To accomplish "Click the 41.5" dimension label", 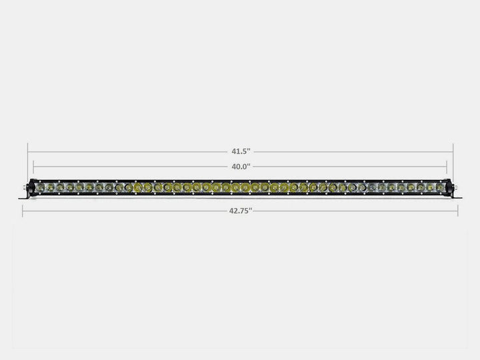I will point(239,152).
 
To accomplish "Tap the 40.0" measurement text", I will point(239,167).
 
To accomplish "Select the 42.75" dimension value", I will point(239,211).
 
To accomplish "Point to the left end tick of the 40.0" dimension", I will point(33,167).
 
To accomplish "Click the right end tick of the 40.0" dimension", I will point(447,167).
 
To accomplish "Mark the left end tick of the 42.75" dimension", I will point(23,211).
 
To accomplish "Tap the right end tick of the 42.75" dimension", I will point(457,211).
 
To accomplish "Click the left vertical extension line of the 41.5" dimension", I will point(28,160).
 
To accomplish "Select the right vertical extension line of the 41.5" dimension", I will point(453,160).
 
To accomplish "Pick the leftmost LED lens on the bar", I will point(41,188).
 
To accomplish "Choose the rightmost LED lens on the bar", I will point(439,188).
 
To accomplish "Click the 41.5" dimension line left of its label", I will point(127,152).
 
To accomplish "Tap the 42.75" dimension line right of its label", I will point(353,211).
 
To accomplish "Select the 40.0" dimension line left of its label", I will point(127,167).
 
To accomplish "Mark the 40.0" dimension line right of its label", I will point(353,167).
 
